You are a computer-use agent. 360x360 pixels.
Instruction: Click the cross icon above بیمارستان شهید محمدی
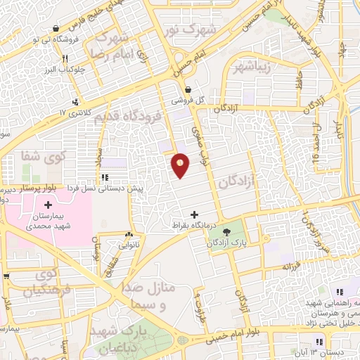[x=48, y=204]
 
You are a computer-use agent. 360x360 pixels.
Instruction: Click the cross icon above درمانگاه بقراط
[x=195, y=214]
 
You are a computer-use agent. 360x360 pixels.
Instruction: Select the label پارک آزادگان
[x=226, y=242]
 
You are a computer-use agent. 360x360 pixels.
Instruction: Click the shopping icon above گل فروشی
[x=188, y=89]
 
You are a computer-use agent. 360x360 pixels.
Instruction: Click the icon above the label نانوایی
[x=129, y=236]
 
